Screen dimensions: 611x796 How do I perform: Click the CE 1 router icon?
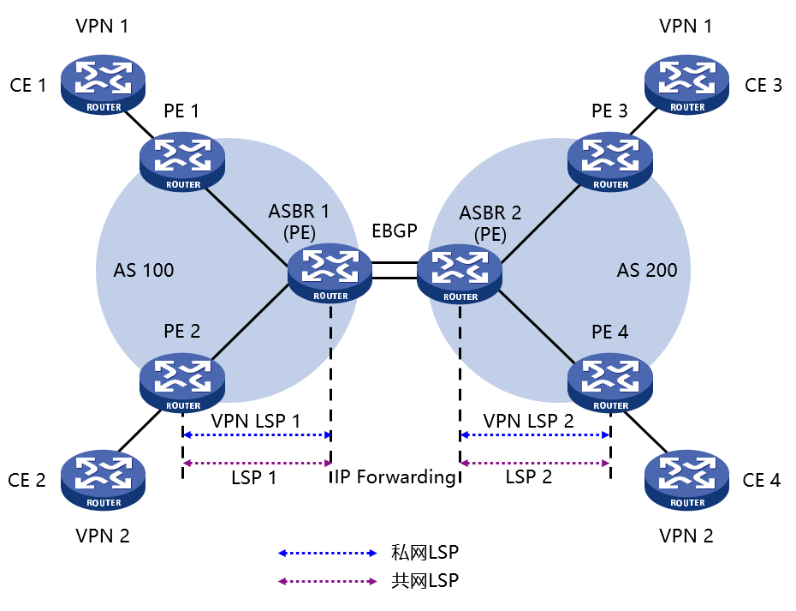[103, 83]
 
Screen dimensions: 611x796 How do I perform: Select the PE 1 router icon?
[183, 160]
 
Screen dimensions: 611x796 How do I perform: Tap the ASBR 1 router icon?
[330, 272]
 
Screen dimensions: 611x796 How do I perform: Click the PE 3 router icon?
[610, 160]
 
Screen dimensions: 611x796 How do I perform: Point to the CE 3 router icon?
[687, 83]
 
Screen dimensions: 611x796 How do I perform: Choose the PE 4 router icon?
[610, 381]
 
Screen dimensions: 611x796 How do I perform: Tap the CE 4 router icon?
[687, 478]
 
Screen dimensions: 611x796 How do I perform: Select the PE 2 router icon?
[183, 381]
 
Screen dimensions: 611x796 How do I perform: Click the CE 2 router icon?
[103, 478]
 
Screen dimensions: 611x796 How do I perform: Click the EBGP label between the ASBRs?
[395, 231]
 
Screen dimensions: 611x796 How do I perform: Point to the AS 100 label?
[144, 271]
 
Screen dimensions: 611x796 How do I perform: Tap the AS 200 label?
[647, 271]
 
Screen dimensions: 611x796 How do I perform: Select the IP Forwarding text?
[395, 477]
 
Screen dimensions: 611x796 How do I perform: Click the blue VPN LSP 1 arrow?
[257, 435]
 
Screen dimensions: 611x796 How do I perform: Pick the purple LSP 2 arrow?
[535, 464]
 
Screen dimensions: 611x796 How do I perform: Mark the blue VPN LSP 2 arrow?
[535, 435]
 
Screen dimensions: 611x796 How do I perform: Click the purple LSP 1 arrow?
[257, 464]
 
